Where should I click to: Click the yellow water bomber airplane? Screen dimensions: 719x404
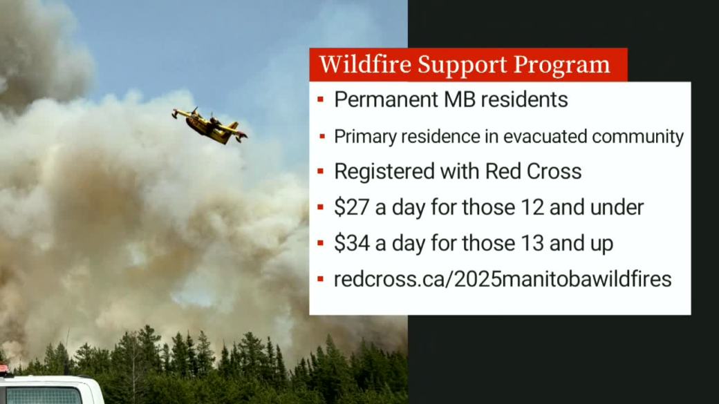tap(209, 126)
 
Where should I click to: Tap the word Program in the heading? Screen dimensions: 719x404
tap(561, 66)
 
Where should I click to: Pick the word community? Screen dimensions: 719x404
tap(638, 137)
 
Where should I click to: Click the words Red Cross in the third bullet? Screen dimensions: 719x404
tap(533, 171)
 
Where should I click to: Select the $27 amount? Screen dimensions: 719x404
tap(352, 207)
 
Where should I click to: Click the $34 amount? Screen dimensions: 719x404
tap(352, 243)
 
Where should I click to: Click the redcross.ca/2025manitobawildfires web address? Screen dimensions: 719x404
tap(503, 279)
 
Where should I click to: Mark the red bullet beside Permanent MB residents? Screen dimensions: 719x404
tap(321, 99)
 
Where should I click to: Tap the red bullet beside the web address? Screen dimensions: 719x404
tap(321, 278)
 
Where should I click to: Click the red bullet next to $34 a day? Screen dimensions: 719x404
tap(321, 243)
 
